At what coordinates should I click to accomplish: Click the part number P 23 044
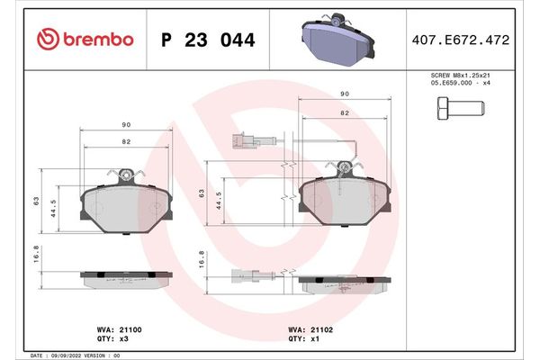pos(207,40)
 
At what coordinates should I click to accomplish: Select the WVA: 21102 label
pos(311,331)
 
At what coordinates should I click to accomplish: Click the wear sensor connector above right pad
pos(239,139)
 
